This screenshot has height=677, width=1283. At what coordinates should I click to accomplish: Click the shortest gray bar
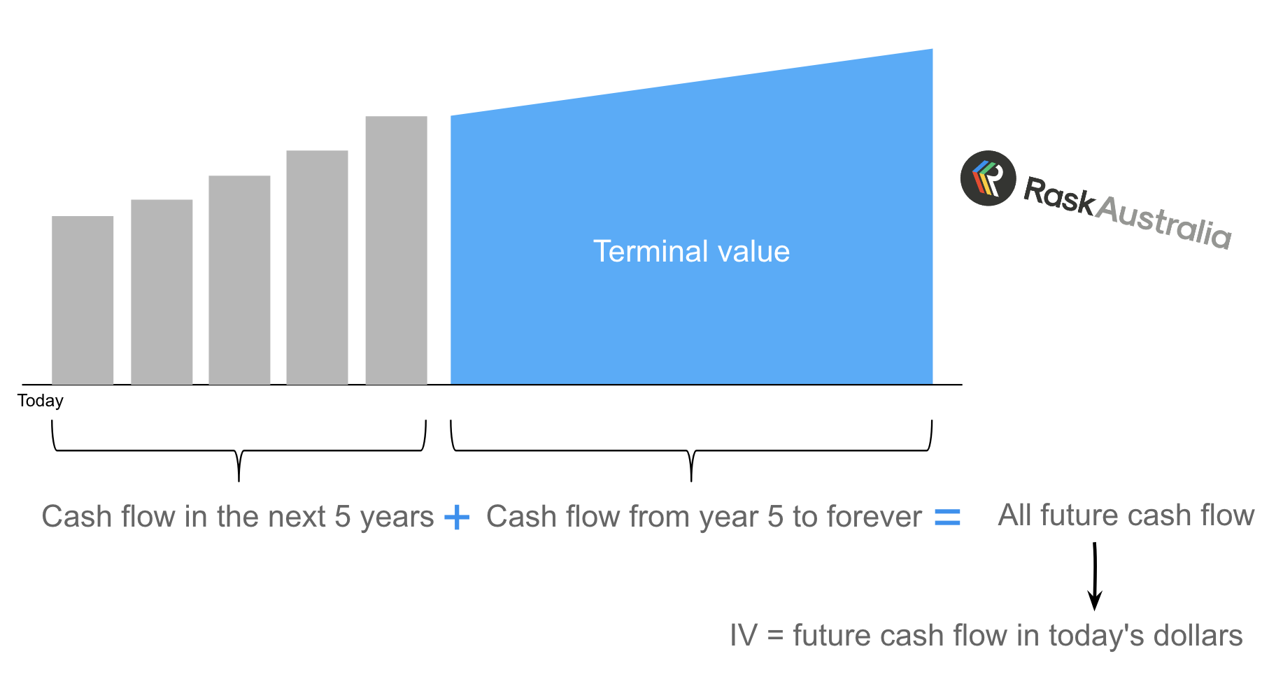pyautogui.click(x=83, y=300)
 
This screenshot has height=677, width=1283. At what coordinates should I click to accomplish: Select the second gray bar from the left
pyautogui.click(x=162, y=292)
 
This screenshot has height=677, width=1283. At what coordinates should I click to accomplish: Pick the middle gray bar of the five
pyautogui.click(x=239, y=280)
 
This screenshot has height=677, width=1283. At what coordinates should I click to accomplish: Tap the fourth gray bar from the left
pyautogui.click(x=317, y=267)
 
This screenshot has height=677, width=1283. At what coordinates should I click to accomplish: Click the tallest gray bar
pyautogui.click(x=396, y=250)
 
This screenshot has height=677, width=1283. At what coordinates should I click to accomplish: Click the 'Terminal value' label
pyautogui.click(x=691, y=251)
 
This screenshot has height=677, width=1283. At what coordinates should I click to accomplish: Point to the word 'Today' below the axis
pyautogui.click(x=41, y=401)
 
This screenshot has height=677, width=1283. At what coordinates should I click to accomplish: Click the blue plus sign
pyautogui.click(x=457, y=518)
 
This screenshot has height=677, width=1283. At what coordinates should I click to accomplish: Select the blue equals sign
pyautogui.click(x=947, y=517)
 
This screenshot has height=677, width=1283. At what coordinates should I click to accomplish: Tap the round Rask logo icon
pyautogui.click(x=988, y=178)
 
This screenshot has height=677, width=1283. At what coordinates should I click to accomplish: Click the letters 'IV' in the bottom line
pyautogui.click(x=744, y=636)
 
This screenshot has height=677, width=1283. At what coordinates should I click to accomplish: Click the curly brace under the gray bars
pyautogui.click(x=239, y=450)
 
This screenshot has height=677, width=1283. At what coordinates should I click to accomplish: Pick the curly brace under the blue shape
pyautogui.click(x=691, y=450)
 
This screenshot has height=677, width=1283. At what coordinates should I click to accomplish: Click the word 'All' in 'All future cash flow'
pyautogui.click(x=1015, y=515)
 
